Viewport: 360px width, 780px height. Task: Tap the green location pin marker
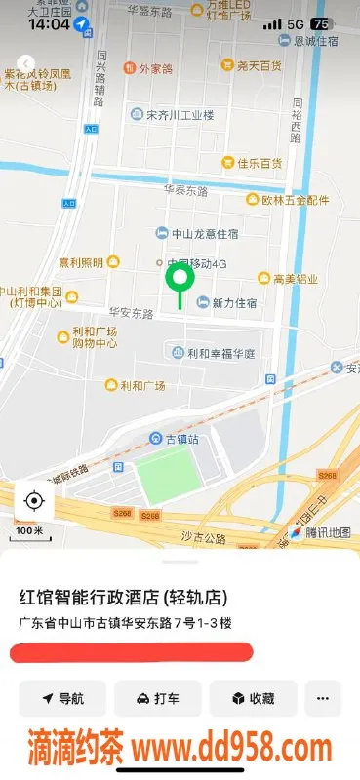tap(180, 282)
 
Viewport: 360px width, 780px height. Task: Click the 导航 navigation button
tap(62, 698)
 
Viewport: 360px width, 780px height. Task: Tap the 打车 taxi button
tap(158, 698)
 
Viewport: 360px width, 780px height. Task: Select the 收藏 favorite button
tap(253, 698)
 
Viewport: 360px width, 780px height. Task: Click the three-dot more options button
tap(323, 698)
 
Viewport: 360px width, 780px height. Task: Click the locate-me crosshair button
tap(34, 501)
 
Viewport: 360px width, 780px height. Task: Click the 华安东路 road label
tap(131, 314)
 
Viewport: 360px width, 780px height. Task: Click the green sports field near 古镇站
tap(167, 476)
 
